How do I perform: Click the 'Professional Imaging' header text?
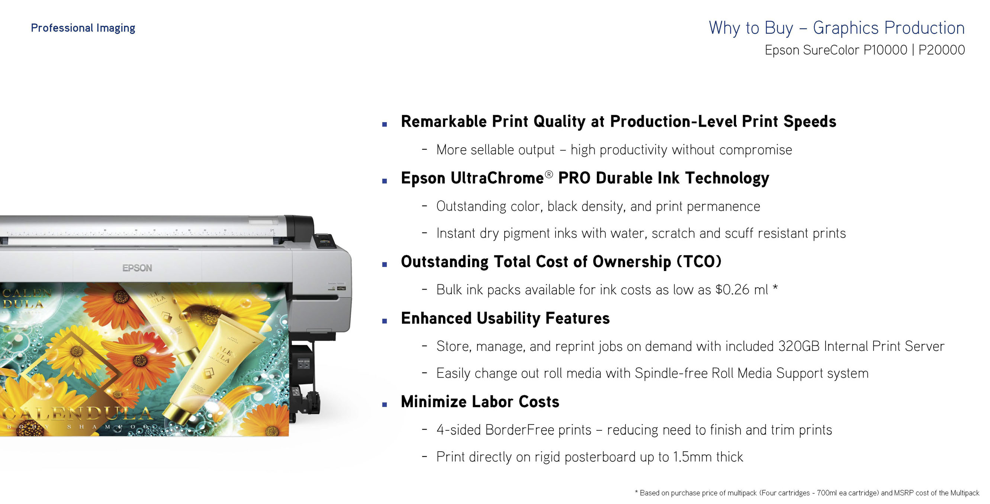(x=83, y=28)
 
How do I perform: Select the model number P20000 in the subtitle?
(x=942, y=50)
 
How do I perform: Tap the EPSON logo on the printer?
(x=137, y=268)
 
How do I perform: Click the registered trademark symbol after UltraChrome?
(x=549, y=174)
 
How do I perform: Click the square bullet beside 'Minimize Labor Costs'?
(x=384, y=404)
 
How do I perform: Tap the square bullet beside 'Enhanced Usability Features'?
(x=384, y=321)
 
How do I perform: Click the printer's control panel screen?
(x=325, y=241)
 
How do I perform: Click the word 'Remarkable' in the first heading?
(x=444, y=122)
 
